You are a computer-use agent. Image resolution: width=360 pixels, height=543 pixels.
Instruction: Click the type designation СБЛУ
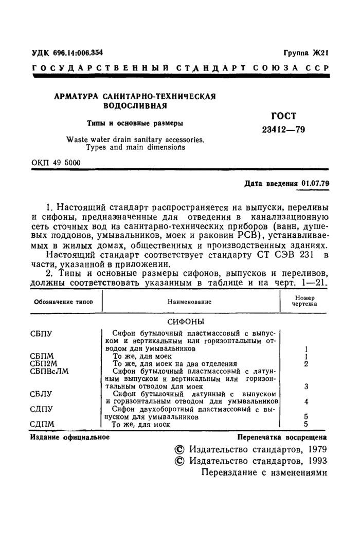[42, 394]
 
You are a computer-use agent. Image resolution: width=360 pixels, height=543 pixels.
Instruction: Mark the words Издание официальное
[70, 437]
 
